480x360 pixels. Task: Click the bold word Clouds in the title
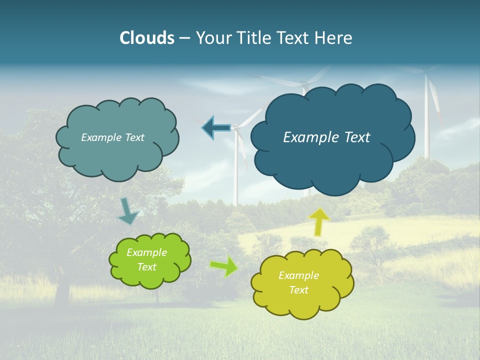[x=147, y=38]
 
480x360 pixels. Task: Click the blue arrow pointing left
[x=216, y=127]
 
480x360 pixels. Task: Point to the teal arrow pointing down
[x=128, y=211]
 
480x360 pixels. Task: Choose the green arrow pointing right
[x=224, y=266]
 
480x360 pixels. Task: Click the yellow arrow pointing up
[x=319, y=221]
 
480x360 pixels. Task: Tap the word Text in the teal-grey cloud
[x=134, y=137]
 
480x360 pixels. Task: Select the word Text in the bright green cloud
[x=147, y=267]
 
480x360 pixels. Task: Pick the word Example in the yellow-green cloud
[x=298, y=275]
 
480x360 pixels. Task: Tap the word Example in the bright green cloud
[x=147, y=253]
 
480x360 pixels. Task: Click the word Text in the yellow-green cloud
[x=298, y=290]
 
